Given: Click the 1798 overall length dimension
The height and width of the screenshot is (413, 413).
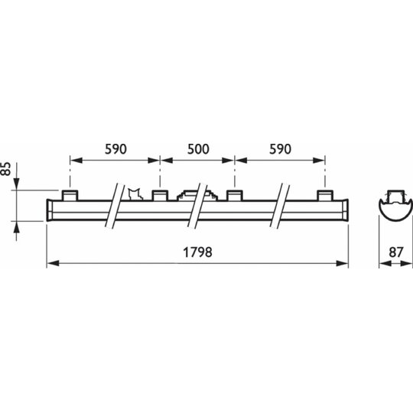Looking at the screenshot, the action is click(197, 252).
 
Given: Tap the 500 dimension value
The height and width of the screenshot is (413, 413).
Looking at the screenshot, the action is click(198, 149).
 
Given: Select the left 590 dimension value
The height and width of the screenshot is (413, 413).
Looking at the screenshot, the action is click(116, 149).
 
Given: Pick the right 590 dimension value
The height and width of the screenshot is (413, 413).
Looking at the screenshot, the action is click(280, 149).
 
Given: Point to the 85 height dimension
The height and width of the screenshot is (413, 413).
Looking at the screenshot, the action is click(6, 169).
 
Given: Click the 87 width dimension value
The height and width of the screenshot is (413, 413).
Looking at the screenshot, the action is click(396, 252).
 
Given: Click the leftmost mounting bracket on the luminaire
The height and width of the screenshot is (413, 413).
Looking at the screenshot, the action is click(70, 195).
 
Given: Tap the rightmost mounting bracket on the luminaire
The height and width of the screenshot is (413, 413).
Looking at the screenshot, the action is click(325, 195).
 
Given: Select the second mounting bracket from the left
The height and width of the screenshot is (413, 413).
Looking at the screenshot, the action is click(160, 195).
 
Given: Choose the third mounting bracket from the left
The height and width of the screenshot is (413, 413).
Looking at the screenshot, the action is click(235, 195).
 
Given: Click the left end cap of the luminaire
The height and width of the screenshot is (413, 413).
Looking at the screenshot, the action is click(50, 210).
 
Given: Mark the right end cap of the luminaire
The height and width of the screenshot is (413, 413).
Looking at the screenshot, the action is click(345, 210).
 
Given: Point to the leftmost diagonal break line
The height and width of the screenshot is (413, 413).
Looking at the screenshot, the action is click(115, 205).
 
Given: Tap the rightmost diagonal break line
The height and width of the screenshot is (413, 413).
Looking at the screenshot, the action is click(280, 205).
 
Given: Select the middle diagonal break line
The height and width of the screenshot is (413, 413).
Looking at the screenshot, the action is click(197, 205).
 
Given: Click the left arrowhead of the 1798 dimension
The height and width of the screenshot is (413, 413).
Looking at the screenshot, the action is click(53, 263).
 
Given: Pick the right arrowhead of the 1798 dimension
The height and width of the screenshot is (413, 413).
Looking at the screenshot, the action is click(343, 263).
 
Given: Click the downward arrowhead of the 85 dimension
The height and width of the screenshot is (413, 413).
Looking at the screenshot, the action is click(16, 184).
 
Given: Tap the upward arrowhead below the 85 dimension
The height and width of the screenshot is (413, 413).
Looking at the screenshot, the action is click(16, 227).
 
